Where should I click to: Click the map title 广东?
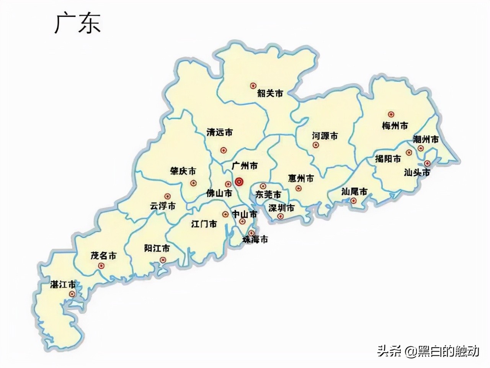click(78, 24)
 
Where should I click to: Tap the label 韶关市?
click(270, 93)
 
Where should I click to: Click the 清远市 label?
click(219, 133)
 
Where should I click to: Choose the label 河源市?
click(325, 136)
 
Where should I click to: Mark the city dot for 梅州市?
click(391, 114)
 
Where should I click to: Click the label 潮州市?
click(426, 140)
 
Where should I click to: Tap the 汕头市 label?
click(417, 172)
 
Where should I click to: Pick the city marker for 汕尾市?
click(354, 200)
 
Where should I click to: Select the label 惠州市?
click(301, 179)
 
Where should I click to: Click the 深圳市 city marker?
click(281, 217)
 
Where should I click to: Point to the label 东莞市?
click(268, 194)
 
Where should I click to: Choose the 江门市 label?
click(204, 223)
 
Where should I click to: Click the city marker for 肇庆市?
click(193, 183)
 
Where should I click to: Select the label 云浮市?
click(162, 206)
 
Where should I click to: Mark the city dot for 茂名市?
click(101, 266)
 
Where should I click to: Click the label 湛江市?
click(63, 285)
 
